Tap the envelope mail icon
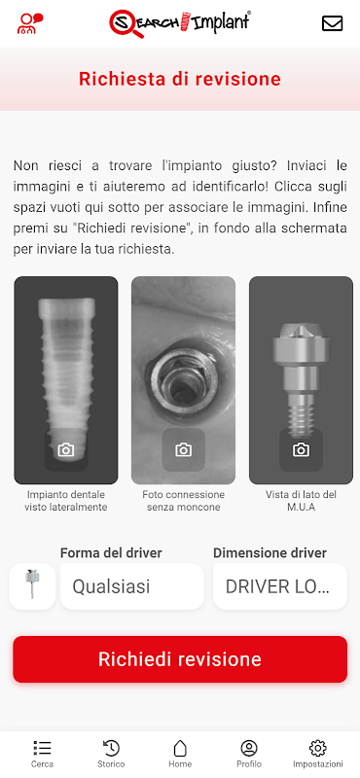tap(332, 23)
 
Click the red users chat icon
tap(30, 23)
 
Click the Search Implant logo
tap(180, 23)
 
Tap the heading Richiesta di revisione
tap(180, 80)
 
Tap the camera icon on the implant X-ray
tap(65, 450)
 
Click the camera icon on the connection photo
tap(183, 450)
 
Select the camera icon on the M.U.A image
tap(301, 450)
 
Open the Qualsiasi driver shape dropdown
tap(132, 586)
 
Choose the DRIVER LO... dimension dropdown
tap(280, 586)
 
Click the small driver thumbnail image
tap(32, 584)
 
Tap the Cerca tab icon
tap(43, 748)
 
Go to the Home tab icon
tap(180, 748)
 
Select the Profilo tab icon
tap(249, 748)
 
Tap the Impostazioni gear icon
tap(318, 748)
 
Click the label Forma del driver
tap(111, 552)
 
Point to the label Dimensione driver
tap(270, 552)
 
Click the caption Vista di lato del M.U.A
tap(301, 501)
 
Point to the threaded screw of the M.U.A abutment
tap(301, 417)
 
